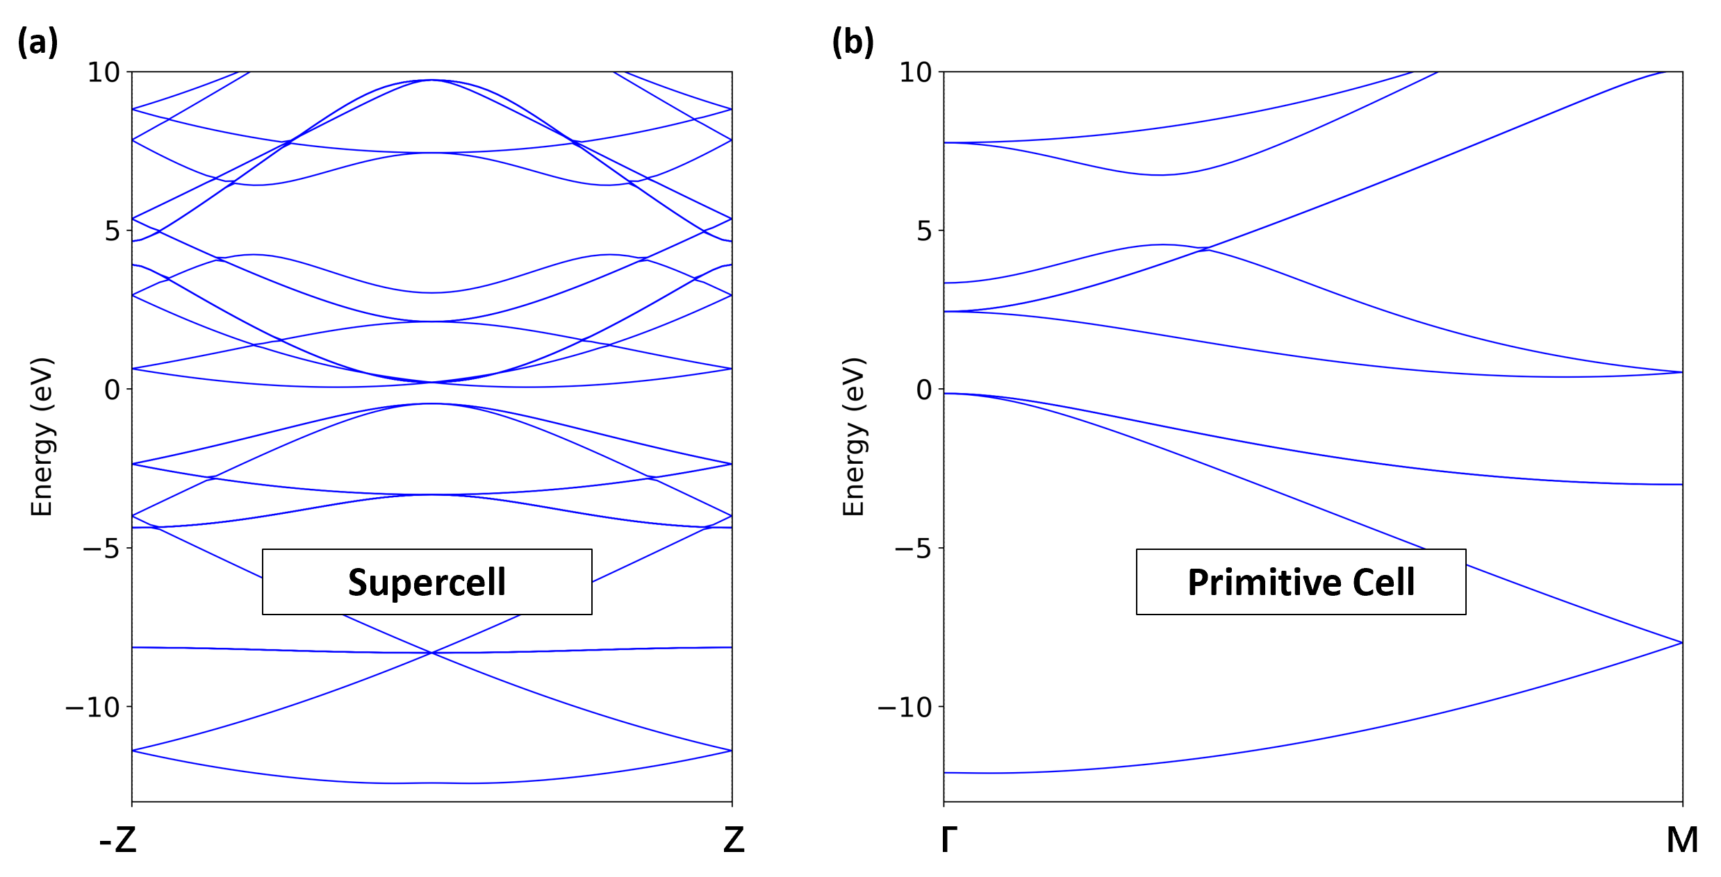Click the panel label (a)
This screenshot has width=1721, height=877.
38,42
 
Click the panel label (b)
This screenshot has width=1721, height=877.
853,42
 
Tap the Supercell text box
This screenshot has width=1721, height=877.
427,582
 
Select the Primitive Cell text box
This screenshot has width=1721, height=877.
1301,582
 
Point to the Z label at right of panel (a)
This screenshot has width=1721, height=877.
734,840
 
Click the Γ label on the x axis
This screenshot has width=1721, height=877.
949,840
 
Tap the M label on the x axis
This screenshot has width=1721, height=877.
1682,840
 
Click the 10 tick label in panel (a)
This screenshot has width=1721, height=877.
104,72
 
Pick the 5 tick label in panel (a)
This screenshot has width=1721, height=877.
113,231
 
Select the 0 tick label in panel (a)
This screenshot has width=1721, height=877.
113,390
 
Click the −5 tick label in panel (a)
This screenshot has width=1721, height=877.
101,549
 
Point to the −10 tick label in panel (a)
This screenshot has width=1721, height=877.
92,708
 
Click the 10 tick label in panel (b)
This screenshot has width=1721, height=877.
916,72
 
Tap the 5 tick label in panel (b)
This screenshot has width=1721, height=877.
924,231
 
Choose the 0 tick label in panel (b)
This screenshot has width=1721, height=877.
924,390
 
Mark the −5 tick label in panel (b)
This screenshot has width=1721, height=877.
913,549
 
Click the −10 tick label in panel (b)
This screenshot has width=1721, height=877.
905,708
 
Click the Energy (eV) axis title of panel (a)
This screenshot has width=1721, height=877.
42,437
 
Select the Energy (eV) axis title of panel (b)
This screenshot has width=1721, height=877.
853,437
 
